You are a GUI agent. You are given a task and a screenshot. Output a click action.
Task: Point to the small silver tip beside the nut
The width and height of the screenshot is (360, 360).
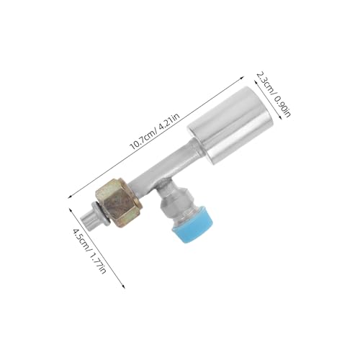point(89,218)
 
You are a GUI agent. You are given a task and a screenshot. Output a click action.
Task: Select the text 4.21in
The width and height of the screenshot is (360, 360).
point(169,122)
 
